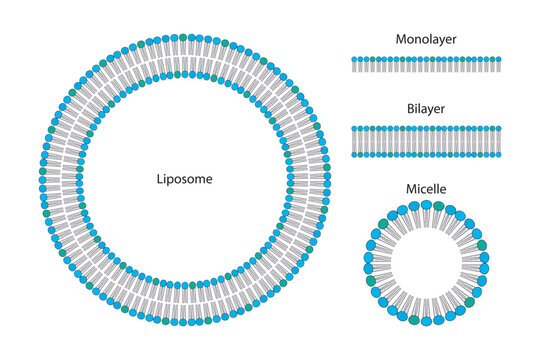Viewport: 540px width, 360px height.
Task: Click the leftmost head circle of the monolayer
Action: point(356,60)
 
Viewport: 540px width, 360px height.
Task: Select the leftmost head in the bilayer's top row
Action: point(356,129)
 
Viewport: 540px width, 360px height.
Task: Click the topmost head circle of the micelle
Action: point(427,205)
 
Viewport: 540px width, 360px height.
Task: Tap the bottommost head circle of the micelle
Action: point(427,321)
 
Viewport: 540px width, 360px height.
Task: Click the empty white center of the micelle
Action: point(427,263)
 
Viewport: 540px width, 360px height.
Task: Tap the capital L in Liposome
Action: point(160,180)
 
